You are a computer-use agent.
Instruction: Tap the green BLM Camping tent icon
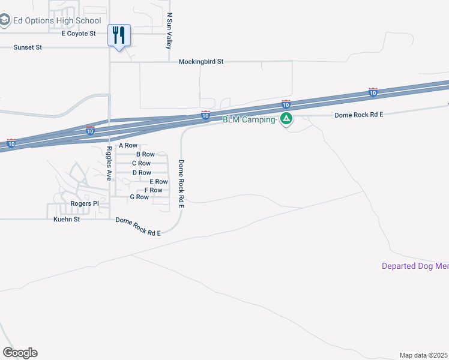click(x=287, y=119)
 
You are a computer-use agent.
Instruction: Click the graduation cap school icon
click(x=4, y=21)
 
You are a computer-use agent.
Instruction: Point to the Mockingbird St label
click(x=201, y=61)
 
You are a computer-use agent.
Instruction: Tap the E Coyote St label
click(x=79, y=34)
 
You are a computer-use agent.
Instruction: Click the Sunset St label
click(x=28, y=47)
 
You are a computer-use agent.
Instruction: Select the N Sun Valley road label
click(x=170, y=31)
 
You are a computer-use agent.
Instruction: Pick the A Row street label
click(x=128, y=145)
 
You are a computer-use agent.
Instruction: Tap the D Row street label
click(x=142, y=172)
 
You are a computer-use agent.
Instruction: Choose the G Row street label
click(x=139, y=197)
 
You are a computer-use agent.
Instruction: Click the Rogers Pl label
click(x=85, y=203)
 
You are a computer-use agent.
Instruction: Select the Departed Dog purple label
click(x=415, y=266)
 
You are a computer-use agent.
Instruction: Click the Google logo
click(x=20, y=353)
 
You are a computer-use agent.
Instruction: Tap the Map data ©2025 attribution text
click(x=424, y=355)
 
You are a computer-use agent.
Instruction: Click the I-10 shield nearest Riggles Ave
click(x=90, y=131)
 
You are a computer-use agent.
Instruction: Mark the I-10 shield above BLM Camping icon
click(x=286, y=104)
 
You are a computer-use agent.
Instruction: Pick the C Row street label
click(x=141, y=163)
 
